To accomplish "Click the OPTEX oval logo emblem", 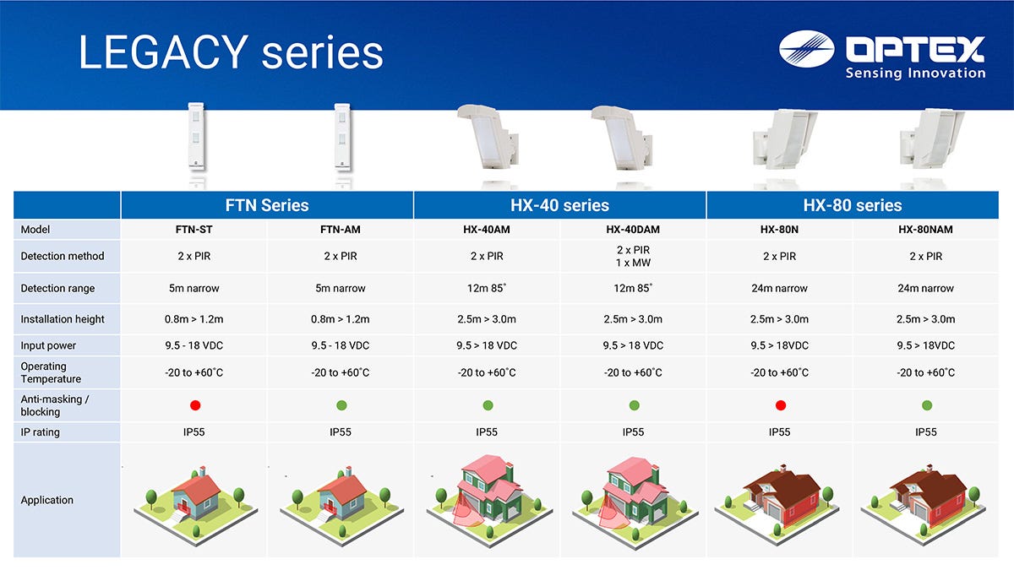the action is tap(806, 49).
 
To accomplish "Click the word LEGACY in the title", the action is tap(163, 52).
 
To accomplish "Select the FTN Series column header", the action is tap(267, 205).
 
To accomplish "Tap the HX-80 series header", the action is tap(853, 205).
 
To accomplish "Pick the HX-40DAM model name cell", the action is tap(633, 230).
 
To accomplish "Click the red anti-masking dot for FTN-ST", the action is tap(195, 405).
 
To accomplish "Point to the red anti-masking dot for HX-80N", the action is tap(781, 405).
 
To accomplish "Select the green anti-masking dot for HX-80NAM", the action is tap(927, 405).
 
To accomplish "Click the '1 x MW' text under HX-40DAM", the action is tap(633, 263).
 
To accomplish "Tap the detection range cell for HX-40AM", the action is tap(487, 288).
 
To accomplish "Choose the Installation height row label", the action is tap(63, 319).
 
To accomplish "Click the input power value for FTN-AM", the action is tap(341, 345).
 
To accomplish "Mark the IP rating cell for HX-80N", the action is tap(779, 432).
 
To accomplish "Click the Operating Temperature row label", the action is tap(51, 372).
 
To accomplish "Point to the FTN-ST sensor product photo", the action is tap(196, 137).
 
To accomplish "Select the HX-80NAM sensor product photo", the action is tap(930, 138).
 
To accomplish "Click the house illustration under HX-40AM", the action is tap(489, 500).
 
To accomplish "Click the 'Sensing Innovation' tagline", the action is tap(915, 73).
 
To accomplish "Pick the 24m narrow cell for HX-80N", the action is tap(779, 288).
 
